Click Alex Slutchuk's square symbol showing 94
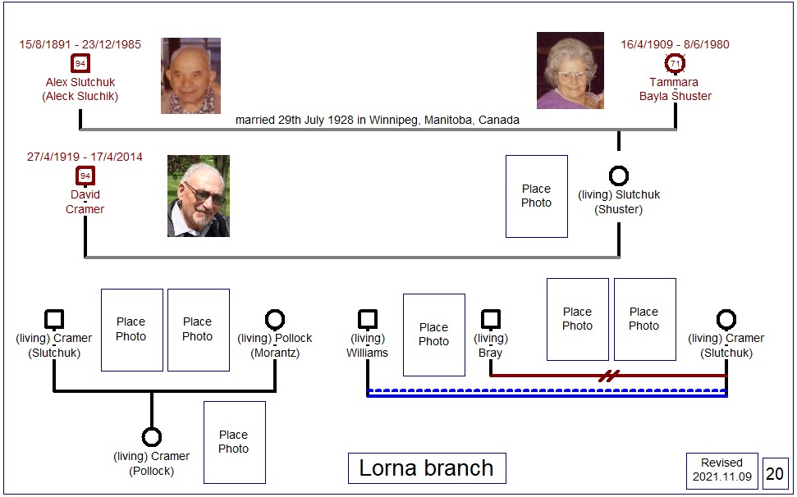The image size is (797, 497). click(x=80, y=63)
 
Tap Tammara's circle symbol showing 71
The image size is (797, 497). click(x=675, y=63)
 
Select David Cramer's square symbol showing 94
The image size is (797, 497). click(x=85, y=176)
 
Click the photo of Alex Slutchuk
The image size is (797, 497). click(x=190, y=75)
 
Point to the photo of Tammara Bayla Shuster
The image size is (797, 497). click(x=570, y=71)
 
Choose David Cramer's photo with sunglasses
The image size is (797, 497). click(x=199, y=196)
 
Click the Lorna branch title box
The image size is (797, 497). click(x=427, y=468)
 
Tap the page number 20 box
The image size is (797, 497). click(x=775, y=474)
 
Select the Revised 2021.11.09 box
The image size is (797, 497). click(x=721, y=470)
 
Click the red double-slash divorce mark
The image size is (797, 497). click(x=608, y=376)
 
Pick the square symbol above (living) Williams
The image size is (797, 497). click(x=368, y=319)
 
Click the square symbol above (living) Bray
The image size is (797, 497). click(x=491, y=319)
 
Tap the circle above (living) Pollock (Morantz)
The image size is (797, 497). click(x=275, y=320)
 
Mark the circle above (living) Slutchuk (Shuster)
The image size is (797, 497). click(x=619, y=176)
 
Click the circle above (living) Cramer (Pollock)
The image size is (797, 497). click(x=152, y=437)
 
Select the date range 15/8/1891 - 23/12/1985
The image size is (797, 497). click(x=80, y=44)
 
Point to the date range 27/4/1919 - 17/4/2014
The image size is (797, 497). click(x=85, y=157)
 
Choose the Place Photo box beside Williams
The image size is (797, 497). click(x=434, y=335)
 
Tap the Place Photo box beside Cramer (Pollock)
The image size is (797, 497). click(x=234, y=442)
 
